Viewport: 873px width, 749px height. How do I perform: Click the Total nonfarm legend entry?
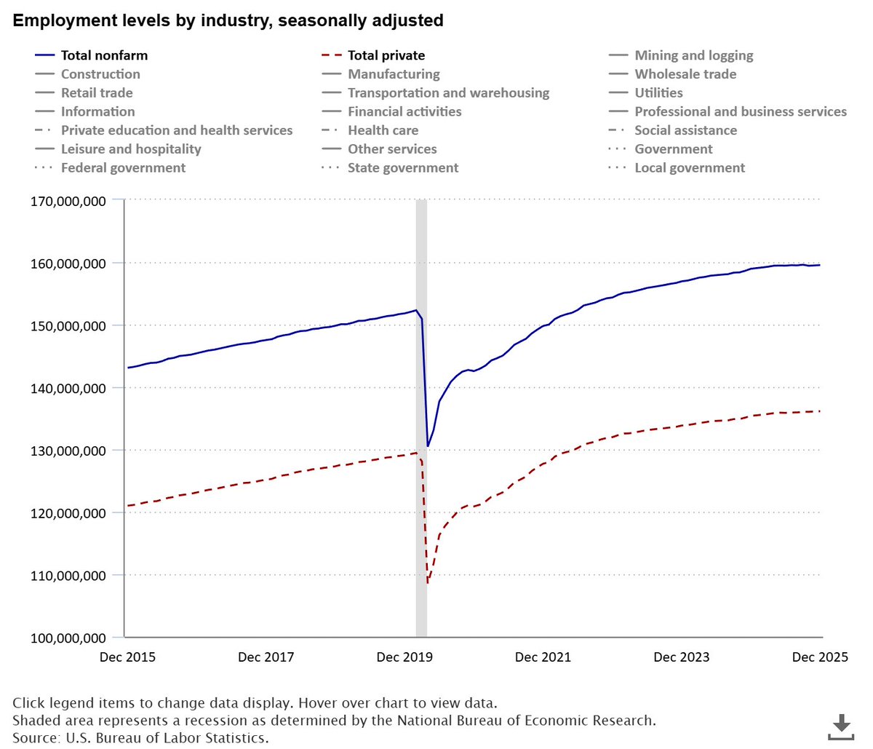click(x=104, y=55)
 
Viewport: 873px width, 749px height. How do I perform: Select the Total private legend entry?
click(x=386, y=55)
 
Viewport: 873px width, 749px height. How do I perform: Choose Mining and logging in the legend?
click(x=693, y=55)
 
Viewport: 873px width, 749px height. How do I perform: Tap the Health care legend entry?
click(x=383, y=130)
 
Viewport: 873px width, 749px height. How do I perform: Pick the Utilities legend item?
click(x=658, y=93)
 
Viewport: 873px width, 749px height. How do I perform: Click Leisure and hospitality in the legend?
click(x=131, y=149)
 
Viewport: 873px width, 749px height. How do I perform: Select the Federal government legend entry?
click(x=123, y=168)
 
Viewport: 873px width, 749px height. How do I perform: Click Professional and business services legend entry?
click(x=740, y=112)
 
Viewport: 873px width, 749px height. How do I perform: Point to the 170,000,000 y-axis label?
click(x=68, y=201)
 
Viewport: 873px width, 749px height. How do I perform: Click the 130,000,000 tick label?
click(x=68, y=451)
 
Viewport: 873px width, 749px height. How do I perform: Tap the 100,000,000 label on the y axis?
click(x=68, y=638)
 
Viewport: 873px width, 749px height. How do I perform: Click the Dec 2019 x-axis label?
click(x=404, y=657)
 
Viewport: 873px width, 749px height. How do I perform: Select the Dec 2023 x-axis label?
click(x=682, y=657)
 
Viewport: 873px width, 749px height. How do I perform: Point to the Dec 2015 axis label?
click(x=127, y=657)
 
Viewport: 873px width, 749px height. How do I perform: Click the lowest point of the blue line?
click(x=428, y=446)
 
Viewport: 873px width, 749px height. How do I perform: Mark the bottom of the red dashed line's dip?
click(x=428, y=583)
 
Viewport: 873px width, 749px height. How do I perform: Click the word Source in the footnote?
click(x=36, y=738)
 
